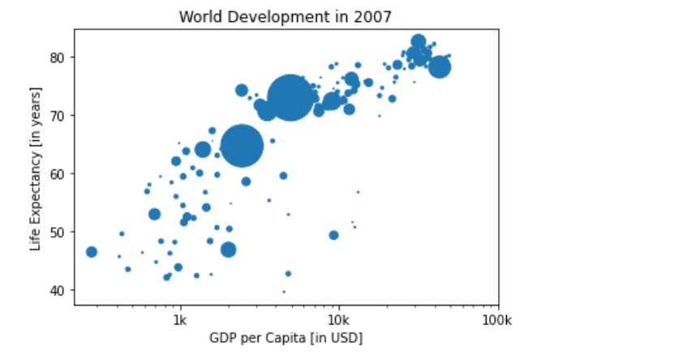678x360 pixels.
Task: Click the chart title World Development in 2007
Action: (x=286, y=16)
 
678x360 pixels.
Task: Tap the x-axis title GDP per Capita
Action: (x=286, y=337)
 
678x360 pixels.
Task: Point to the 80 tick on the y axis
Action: (x=59, y=57)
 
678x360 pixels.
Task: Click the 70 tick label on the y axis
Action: (x=59, y=115)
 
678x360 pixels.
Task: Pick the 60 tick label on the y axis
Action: (x=59, y=174)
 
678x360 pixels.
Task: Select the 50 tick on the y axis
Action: (x=59, y=232)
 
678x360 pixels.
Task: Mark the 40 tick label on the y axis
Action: (x=59, y=290)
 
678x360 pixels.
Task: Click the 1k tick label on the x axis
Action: (x=180, y=319)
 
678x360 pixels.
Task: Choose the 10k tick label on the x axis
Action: (x=338, y=319)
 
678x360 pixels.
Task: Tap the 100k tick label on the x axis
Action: (x=496, y=319)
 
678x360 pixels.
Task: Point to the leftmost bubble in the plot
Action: (x=92, y=252)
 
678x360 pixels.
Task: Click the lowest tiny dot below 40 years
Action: (x=284, y=292)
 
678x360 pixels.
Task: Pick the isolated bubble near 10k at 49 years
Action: (x=333, y=235)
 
